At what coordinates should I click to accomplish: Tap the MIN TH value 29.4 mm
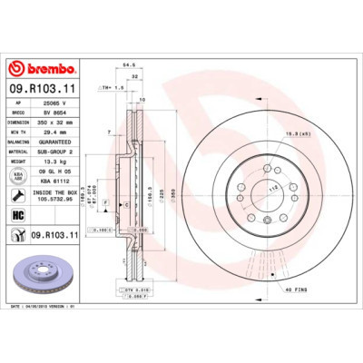click(x=54, y=131)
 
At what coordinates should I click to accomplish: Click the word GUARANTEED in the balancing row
click(x=59, y=141)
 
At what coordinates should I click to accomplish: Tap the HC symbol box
click(x=17, y=214)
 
